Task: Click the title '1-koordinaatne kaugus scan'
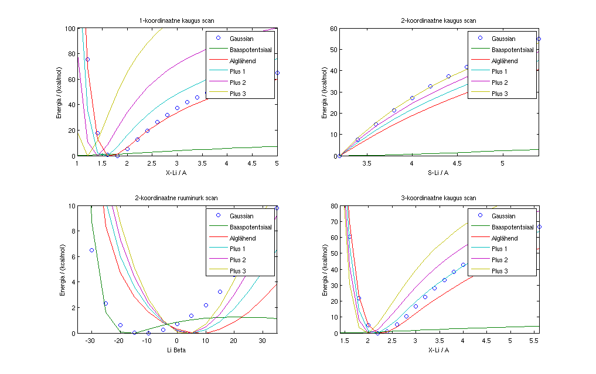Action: click(177, 21)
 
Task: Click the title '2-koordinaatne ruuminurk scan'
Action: click(177, 198)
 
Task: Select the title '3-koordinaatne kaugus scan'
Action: click(439, 198)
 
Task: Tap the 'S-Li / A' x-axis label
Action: click(439, 172)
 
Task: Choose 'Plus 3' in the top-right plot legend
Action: click(500, 94)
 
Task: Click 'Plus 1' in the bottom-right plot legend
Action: click(500, 249)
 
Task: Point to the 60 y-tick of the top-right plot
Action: click(332, 28)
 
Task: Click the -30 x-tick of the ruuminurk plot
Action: click(91, 340)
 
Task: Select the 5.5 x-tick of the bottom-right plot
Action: click(533, 340)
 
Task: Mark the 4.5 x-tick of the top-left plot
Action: click(252, 163)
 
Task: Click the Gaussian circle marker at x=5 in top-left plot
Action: click(277, 73)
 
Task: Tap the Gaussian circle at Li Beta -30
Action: click(91, 250)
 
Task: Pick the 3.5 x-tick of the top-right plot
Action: click(367, 163)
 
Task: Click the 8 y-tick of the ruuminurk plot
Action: click(71, 231)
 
